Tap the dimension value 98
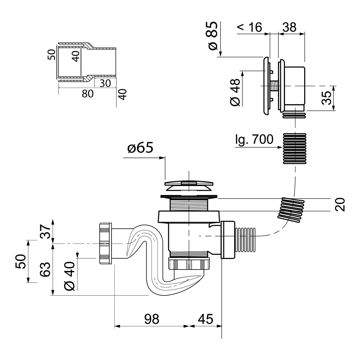coord(151,319)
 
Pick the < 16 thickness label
coord(249,27)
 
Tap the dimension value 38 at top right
coord(289,27)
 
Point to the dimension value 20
coord(340,205)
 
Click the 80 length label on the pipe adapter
coord(87,94)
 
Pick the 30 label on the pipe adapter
coord(105,83)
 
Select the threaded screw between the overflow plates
coord(274,86)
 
